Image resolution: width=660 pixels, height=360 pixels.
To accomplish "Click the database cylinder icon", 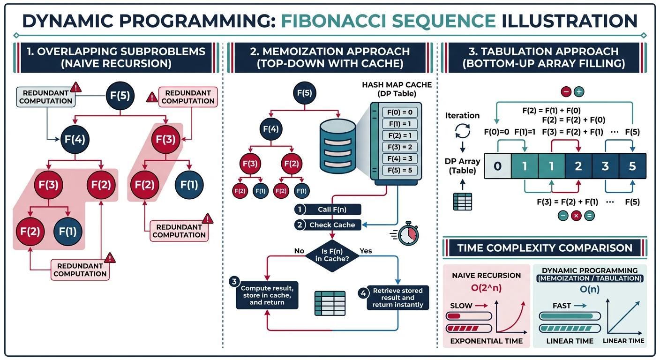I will point(338,145).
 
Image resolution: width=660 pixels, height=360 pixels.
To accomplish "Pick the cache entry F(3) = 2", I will point(397,147).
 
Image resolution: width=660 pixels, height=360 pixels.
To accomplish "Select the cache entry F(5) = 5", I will point(397,170).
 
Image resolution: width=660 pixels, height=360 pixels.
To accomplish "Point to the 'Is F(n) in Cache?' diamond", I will point(332,255).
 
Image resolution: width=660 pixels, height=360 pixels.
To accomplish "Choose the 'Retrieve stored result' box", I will point(397,298).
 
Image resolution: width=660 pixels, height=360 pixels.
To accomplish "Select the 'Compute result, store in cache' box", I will point(267,295).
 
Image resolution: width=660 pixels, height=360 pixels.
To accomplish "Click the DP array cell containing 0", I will point(498,166).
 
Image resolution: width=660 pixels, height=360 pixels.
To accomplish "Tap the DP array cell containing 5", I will point(632,166).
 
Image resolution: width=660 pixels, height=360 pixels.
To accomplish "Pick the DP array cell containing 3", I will point(605,166).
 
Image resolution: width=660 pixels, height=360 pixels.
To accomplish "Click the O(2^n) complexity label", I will point(486,288).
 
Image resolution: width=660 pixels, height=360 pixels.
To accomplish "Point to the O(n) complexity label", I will point(590,289).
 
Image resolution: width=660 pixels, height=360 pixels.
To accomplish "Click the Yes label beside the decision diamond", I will point(365,251).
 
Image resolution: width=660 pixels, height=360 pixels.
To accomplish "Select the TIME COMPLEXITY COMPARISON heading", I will point(545,247).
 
